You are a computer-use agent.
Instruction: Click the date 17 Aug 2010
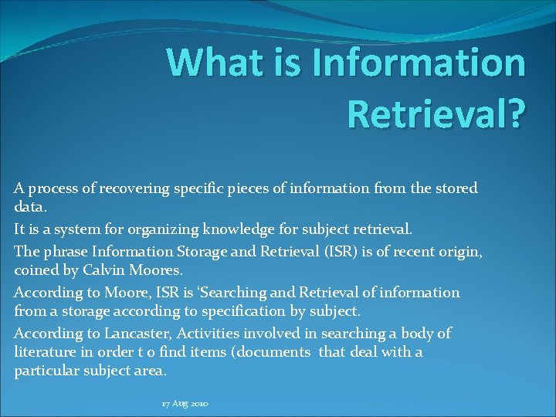coord(185,404)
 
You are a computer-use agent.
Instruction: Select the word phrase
coord(65,251)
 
